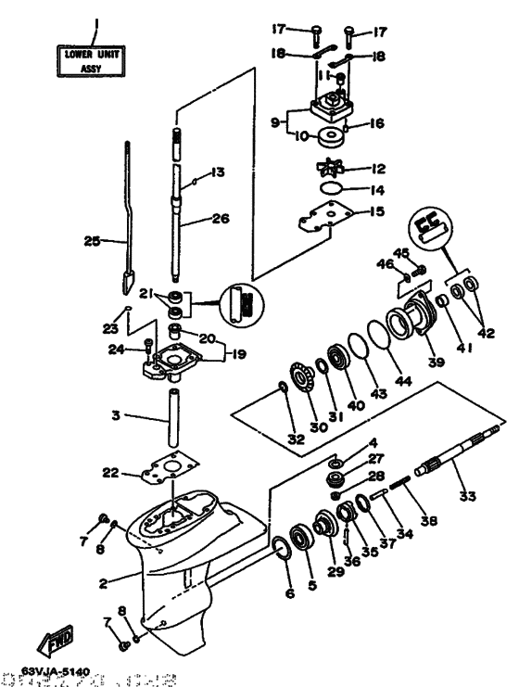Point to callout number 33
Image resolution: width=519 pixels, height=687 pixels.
[x=466, y=497]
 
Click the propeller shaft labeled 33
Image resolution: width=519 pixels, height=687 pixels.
[x=446, y=466]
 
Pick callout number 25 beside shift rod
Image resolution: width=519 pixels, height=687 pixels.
[x=91, y=241]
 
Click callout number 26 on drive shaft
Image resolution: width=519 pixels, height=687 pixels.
[x=219, y=221]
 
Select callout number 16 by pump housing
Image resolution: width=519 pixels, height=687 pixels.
[x=376, y=121]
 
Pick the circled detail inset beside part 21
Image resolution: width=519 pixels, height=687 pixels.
[x=241, y=304]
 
